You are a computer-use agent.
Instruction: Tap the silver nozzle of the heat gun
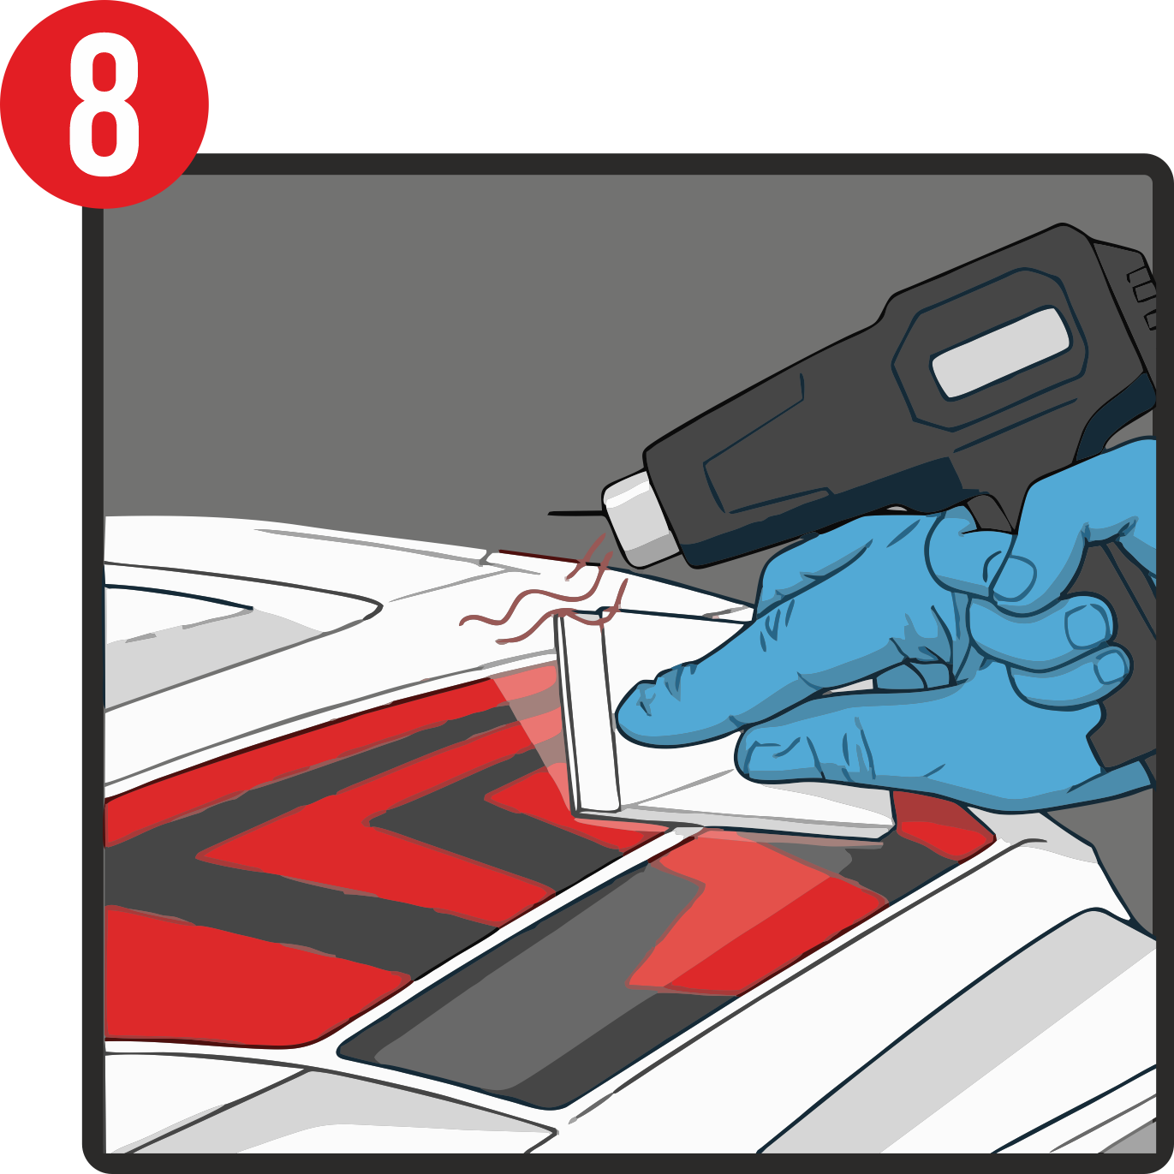640,518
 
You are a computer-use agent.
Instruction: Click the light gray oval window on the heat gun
1000,354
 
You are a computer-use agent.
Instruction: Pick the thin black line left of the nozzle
575,514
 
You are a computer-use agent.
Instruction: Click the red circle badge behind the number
104,104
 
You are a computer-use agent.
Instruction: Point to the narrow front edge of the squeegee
588,712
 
